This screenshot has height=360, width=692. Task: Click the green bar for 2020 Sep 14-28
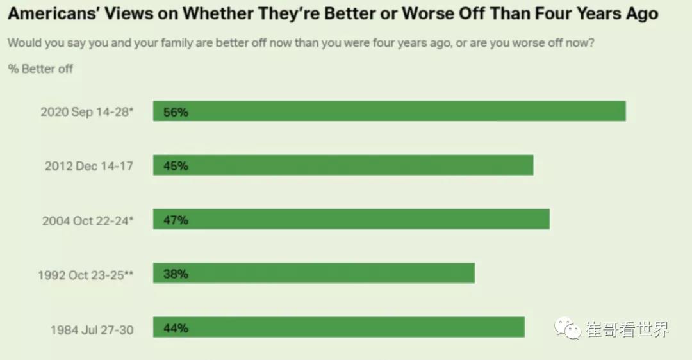(x=389, y=111)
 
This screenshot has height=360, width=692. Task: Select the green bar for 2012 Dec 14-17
(x=343, y=165)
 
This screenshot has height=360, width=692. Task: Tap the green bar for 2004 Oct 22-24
(x=351, y=219)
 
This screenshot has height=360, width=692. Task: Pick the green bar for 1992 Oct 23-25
(x=314, y=273)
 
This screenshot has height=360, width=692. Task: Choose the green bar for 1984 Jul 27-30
(x=338, y=327)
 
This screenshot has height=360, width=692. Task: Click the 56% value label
(x=176, y=112)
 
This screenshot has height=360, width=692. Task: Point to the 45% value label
(x=176, y=166)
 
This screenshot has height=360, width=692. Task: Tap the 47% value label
(x=176, y=220)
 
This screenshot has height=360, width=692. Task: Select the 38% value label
(x=176, y=274)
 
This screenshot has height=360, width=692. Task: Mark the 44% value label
(x=176, y=328)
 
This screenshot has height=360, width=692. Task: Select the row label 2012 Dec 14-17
(x=89, y=166)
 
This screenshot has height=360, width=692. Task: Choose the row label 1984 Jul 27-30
(x=92, y=329)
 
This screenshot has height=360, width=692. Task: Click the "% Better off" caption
(x=41, y=69)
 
